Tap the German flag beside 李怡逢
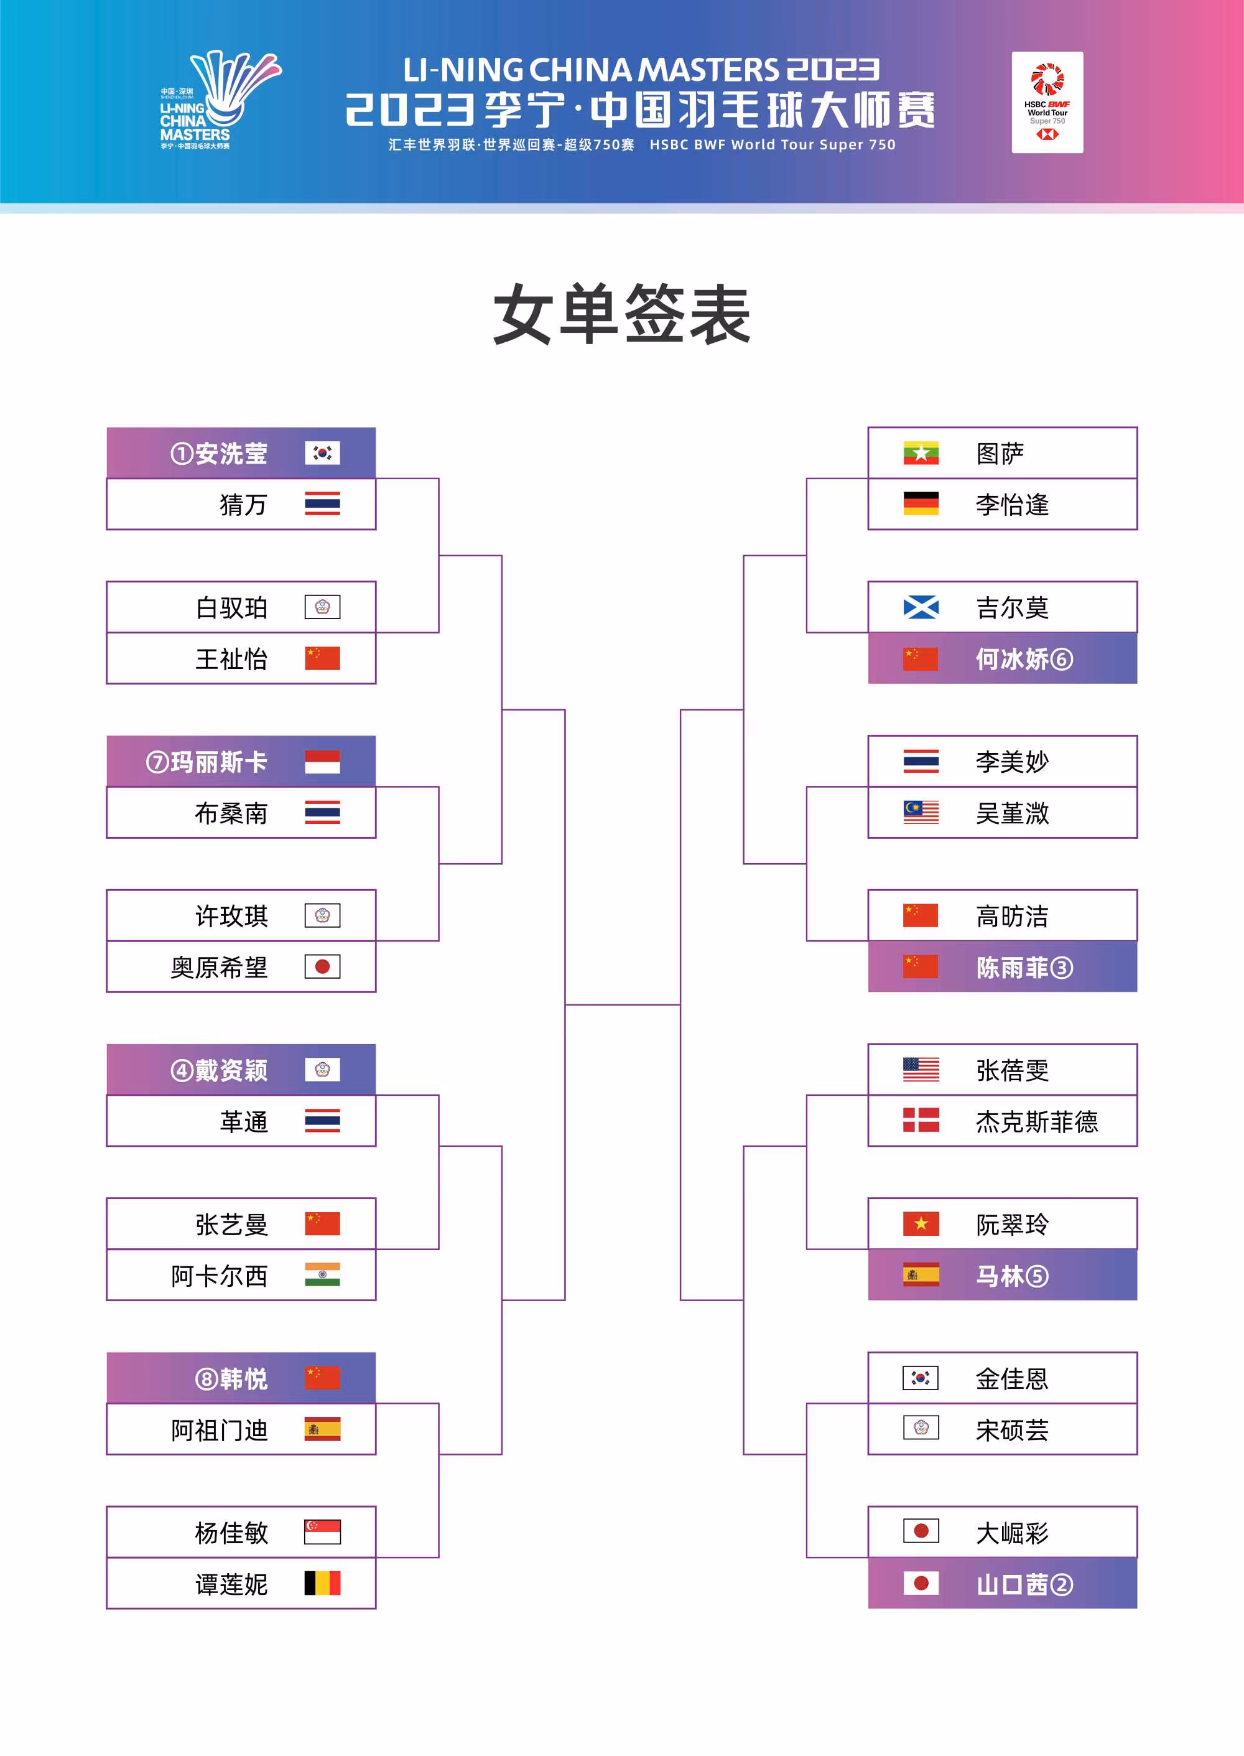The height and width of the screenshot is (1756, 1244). point(921,503)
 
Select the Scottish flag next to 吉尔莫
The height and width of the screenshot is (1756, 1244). point(921,607)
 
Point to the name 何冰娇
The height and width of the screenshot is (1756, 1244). point(1012,659)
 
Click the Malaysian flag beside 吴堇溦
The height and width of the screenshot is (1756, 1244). point(921,812)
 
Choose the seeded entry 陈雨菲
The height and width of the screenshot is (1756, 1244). point(1012,968)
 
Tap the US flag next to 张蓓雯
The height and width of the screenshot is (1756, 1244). point(921,1070)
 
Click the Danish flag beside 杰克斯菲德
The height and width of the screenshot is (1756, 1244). point(921,1121)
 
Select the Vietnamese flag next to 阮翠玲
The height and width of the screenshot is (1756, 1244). point(921,1223)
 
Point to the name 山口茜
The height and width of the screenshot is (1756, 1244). point(1012,1584)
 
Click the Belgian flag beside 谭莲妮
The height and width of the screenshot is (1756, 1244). point(322,1584)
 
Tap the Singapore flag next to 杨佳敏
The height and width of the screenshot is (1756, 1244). point(322,1532)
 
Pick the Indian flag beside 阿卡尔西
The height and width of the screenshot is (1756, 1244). point(322,1275)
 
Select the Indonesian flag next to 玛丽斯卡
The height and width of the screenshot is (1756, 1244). point(322,762)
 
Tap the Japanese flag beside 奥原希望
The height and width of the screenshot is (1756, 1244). point(322,967)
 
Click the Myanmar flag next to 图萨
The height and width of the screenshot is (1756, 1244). point(921,453)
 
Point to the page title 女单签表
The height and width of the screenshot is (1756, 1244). point(621,314)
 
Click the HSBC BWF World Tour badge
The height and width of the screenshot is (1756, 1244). point(1047,102)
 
